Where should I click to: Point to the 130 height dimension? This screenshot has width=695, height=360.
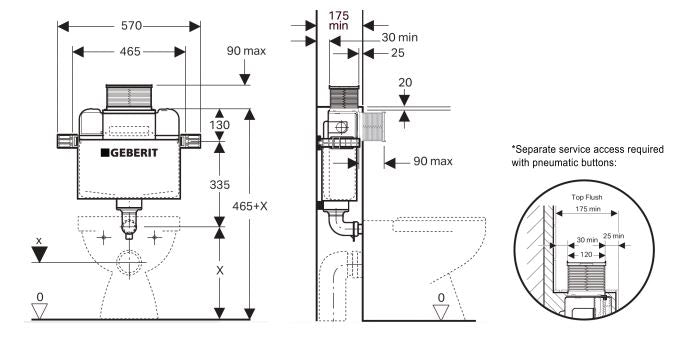click(x=221, y=125)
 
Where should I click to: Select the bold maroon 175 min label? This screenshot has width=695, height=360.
click(x=341, y=20)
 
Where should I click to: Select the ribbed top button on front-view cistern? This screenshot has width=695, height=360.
click(x=127, y=97)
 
